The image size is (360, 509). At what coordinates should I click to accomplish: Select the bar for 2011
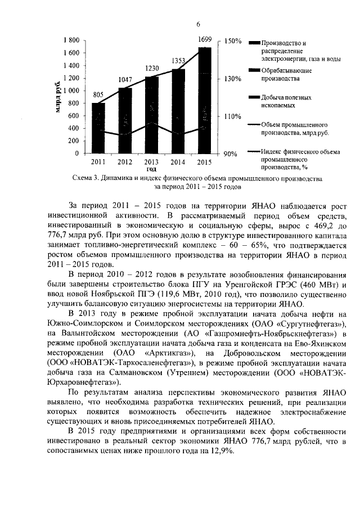coord(98,128)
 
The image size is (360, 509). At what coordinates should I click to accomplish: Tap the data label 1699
coord(205,39)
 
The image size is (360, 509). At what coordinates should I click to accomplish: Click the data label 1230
coord(152,68)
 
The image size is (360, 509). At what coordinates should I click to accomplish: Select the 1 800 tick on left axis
coord(71,40)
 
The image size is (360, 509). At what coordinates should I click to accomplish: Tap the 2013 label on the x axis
coord(152,163)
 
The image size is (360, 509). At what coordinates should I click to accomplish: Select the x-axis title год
coord(151,169)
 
